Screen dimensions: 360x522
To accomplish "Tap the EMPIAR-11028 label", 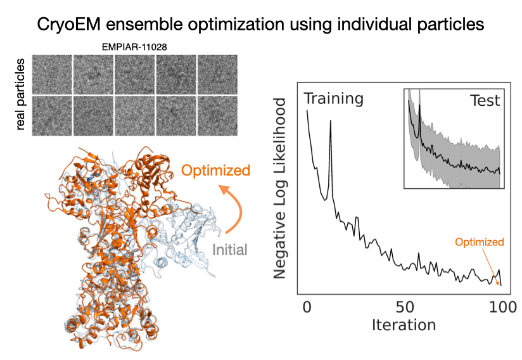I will click(134, 47).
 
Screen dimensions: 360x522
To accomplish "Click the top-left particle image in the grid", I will click(51, 73).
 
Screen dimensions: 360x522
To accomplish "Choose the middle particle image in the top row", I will click(134, 73).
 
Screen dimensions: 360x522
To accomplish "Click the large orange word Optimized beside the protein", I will click(215, 170).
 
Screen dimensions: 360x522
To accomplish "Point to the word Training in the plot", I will click(333, 99).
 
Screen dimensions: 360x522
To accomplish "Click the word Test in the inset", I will click(485, 100).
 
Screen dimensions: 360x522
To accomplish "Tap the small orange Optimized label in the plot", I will click(481, 241).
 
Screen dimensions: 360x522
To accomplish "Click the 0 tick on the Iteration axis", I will click(307, 309).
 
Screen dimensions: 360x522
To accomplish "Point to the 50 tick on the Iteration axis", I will click(404, 309).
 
